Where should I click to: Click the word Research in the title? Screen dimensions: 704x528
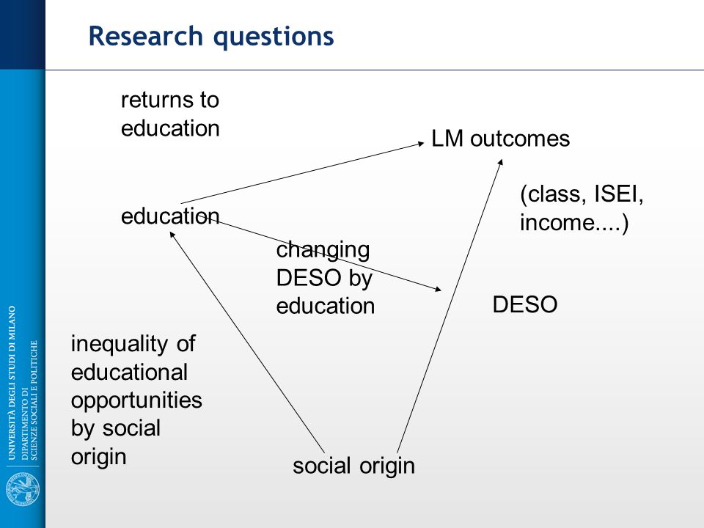(x=146, y=36)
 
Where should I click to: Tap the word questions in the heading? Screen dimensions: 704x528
(x=274, y=37)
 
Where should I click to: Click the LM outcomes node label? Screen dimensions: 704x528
(x=500, y=139)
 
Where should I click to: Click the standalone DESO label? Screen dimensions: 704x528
(x=525, y=304)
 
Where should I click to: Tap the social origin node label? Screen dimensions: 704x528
(x=353, y=466)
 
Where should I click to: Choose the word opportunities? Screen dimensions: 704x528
(x=136, y=401)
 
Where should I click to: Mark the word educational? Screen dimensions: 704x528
(x=129, y=373)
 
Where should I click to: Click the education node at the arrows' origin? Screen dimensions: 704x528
(x=170, y=216)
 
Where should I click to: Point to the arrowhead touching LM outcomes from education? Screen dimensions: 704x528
(x=421, y=143)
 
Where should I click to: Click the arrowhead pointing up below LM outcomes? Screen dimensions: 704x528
(x=500, y=163)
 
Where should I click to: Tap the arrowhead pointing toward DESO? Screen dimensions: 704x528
(x=439, y=290)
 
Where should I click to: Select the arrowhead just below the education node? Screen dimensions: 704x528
(x=172, y=235)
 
